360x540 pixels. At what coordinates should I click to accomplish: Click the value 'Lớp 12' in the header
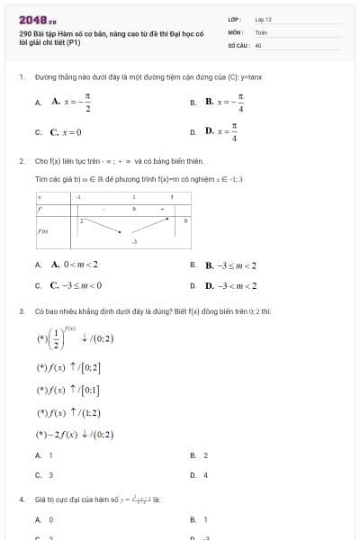[263, 19]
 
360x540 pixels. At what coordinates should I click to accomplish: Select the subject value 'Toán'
[261, 31]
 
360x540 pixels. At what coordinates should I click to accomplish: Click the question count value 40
[258, 44]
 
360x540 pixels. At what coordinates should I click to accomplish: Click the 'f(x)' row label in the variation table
[41, 230]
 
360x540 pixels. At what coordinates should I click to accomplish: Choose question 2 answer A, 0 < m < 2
[75, 265]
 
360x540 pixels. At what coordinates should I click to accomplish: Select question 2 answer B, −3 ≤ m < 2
[231, 265]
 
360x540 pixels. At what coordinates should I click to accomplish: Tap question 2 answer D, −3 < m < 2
[231, 285]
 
